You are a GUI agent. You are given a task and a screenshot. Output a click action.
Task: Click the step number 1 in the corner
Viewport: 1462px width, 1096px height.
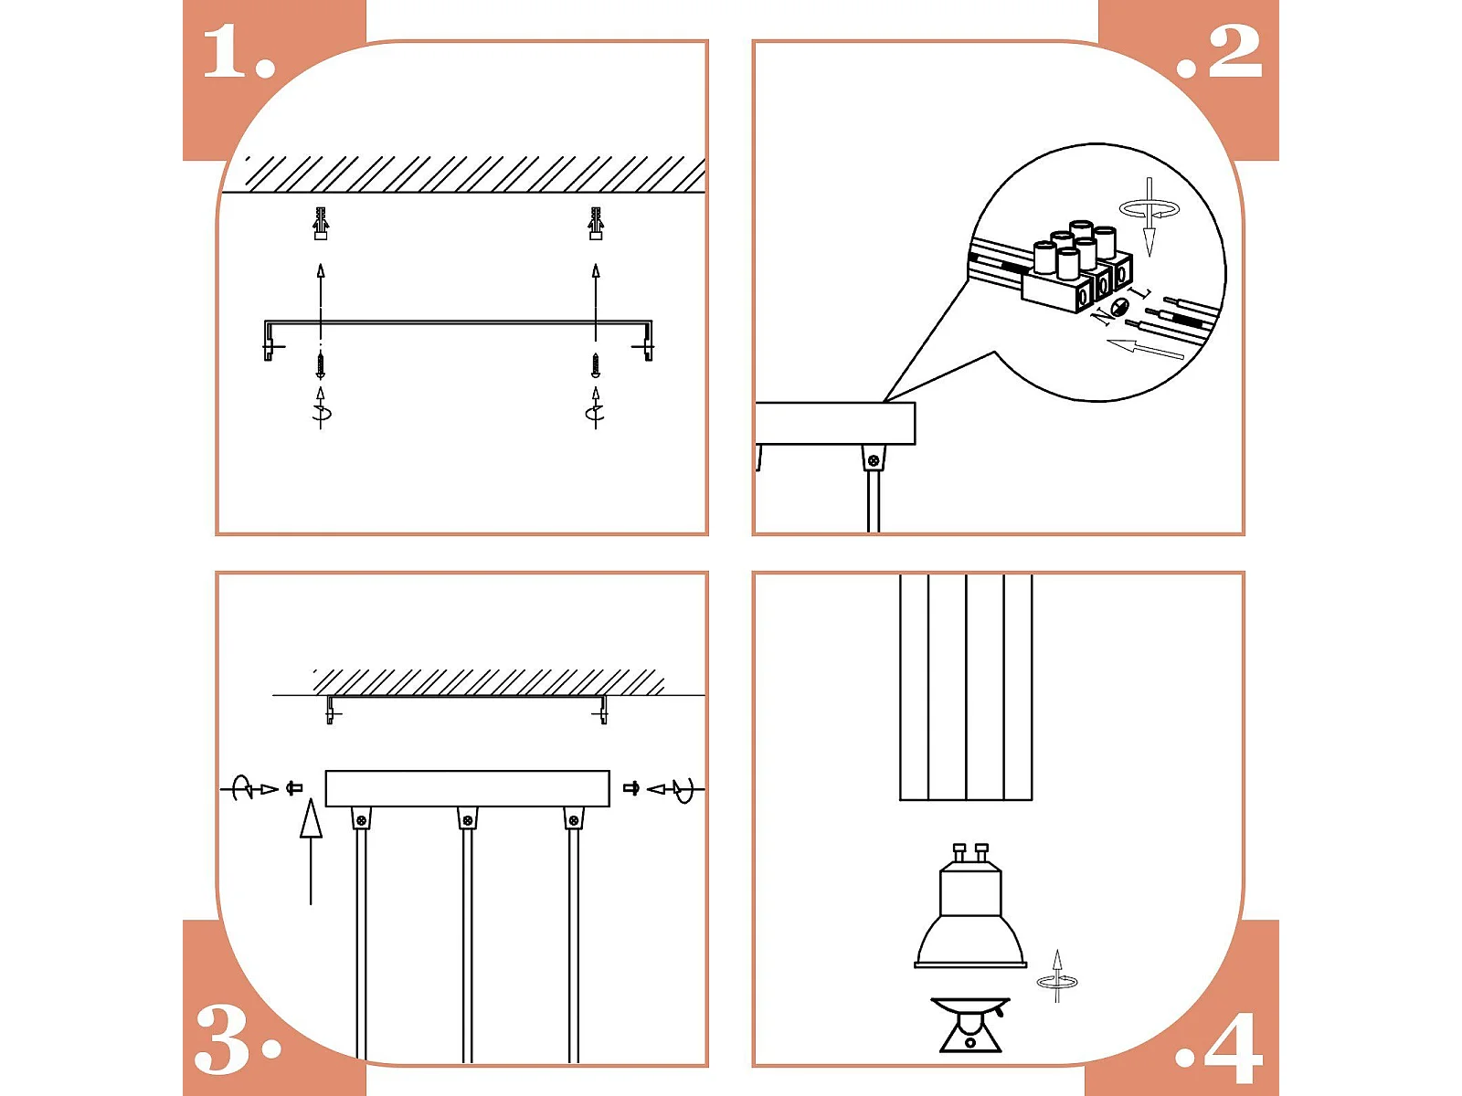pos(238,52)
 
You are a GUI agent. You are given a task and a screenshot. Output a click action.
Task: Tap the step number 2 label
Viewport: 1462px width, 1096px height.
pos(1219,52)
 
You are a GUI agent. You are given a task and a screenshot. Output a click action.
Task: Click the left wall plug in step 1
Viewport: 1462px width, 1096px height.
pos(321,224)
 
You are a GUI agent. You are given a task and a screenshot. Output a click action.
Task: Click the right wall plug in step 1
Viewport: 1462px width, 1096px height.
pos(596,224)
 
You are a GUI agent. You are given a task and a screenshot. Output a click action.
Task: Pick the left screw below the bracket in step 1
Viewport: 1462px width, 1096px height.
pos(321,365)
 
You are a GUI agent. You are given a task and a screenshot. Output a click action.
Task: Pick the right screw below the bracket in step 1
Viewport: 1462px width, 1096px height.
pos(596,365)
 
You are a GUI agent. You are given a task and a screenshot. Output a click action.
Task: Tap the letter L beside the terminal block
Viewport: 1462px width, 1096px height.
pos(1142,292)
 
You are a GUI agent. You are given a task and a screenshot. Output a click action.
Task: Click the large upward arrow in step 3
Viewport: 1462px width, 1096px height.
pos(311,852)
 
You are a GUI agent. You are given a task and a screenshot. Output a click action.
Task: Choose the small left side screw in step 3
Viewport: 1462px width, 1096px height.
pos(293,788)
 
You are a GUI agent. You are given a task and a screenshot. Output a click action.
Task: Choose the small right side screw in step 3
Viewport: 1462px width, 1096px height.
pos(631,788)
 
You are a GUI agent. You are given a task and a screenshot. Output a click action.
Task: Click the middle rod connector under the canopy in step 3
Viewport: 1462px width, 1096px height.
pos(468,818)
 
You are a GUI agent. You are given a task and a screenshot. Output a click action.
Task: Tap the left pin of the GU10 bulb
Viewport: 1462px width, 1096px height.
pos(959,852)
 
